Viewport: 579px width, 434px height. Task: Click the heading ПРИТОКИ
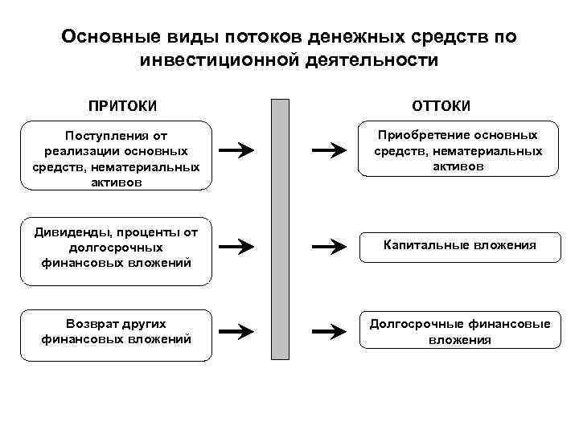coord(123,106)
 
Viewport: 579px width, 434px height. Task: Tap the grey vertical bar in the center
coord(279,229)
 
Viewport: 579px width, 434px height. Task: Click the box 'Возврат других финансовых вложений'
coord(117,331)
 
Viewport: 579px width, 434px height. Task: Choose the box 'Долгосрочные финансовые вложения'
coord(460,331)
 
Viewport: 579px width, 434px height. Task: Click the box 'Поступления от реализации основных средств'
coord(117,156)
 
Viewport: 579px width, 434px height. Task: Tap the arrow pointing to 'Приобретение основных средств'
coord(326,149)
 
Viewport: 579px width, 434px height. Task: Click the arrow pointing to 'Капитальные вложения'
coord(326,246)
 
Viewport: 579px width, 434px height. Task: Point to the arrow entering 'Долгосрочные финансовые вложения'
coord(326,330)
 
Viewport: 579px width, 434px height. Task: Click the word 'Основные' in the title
coord(107,38)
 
